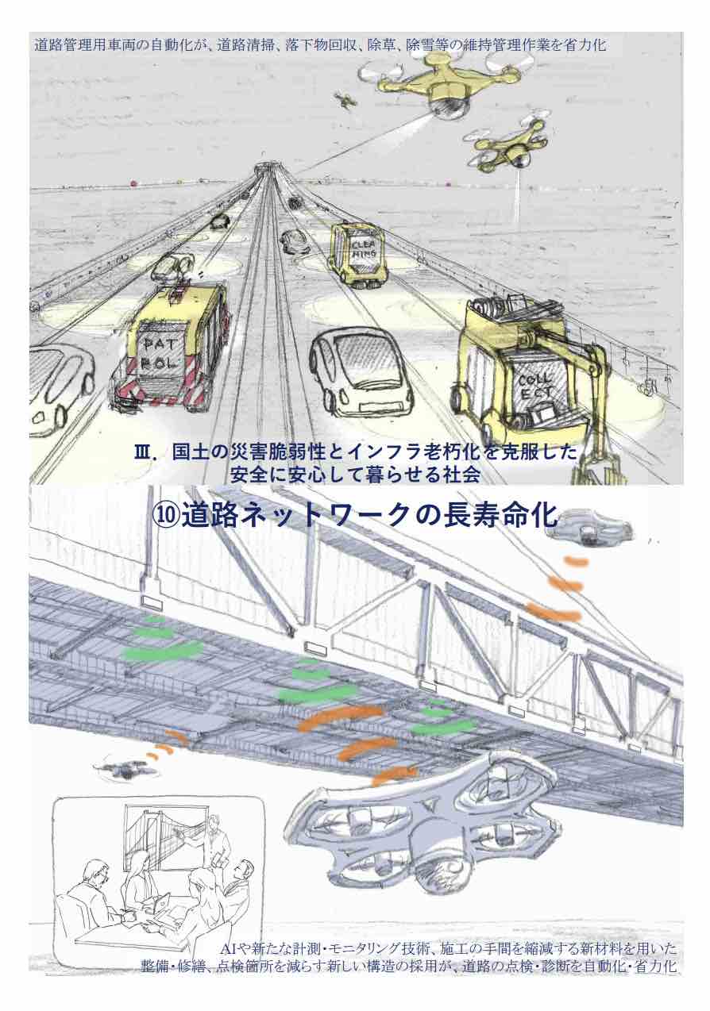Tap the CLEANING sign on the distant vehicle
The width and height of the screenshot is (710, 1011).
(365, 250)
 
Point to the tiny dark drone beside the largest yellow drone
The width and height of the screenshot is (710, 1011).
(345, 99)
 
